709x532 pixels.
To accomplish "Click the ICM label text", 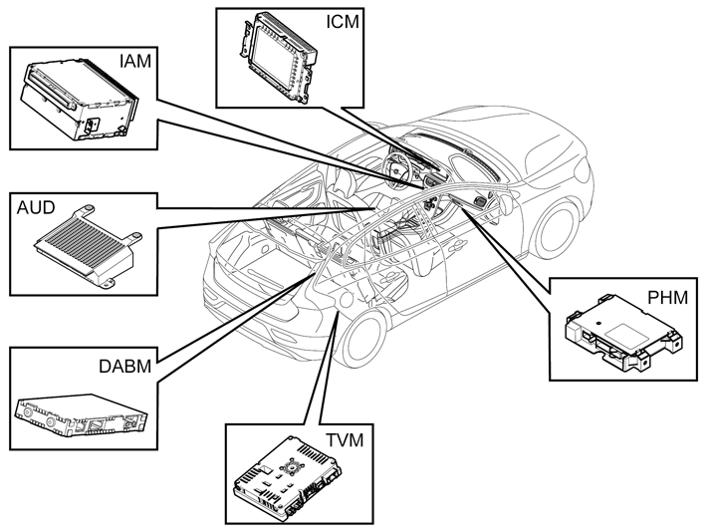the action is [x=343, y=22].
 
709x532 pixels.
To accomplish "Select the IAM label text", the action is [x=135, y=62].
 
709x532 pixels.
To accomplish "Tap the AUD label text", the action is [x=36, y=208].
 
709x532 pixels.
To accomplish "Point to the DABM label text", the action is [x=124, y=367].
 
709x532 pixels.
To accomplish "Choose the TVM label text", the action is [x=345, y=439].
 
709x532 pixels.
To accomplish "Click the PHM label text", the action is [x=667, y=298].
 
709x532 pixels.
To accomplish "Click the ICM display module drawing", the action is [x=277, y=58].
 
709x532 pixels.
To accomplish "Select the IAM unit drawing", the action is [x=78, y=99].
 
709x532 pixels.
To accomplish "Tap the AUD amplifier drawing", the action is [x=89, y=246].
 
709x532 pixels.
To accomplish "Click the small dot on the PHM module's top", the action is [x=598, y=324].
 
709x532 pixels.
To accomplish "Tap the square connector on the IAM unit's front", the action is [x=93, y=125].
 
